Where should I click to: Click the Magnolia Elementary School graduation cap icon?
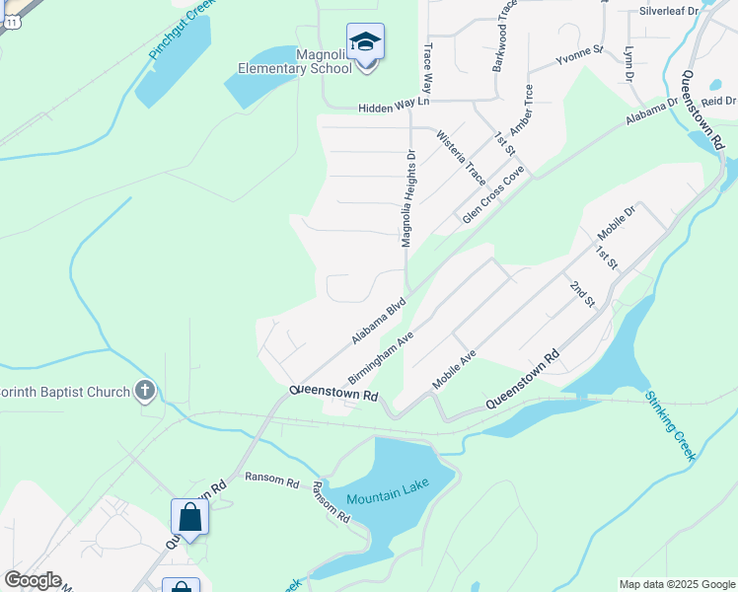[365, 41]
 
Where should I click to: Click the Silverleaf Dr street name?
[668, 11]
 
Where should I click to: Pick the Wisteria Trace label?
[461, 159]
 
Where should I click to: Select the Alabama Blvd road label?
[379, 322]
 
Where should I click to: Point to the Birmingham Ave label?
[380, 357]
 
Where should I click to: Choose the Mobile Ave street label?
[455, 370]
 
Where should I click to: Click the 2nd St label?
[582, 293]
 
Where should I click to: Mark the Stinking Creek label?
[671, 425]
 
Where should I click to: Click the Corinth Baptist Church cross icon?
[145, 392]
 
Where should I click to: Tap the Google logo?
[33, 580]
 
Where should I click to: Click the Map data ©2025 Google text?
[678, 584]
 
